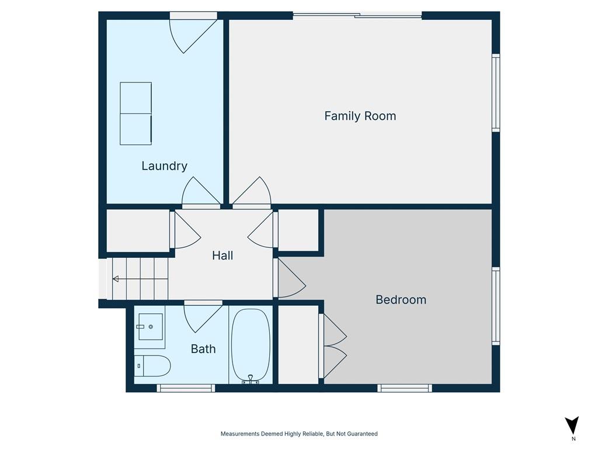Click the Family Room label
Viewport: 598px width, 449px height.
pos(360,116)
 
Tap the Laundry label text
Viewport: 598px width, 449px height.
pos(164,165)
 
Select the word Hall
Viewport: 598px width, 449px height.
pos(222,255)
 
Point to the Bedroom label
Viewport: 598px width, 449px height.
pos(401,299)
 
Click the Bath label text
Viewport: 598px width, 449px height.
pos(203,348)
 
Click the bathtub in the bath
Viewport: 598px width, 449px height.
pos(251,346)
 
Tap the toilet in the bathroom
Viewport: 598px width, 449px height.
pos(152,366)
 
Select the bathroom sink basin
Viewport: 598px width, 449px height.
pos(151,326)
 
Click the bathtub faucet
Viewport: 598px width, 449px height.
pos(251,379)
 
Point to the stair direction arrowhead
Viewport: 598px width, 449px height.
pos(115,279)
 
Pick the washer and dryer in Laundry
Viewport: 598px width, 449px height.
pos(135,113)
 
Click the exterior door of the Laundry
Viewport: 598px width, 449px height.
pos(193,33)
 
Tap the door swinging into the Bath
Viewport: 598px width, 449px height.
pos(203,316)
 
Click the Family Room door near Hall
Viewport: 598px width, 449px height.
pos(252,193)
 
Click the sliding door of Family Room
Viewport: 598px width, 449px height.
pos(357,16)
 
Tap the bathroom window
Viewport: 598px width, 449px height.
pos(186,388)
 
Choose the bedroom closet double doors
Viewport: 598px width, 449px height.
pos(333,346)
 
